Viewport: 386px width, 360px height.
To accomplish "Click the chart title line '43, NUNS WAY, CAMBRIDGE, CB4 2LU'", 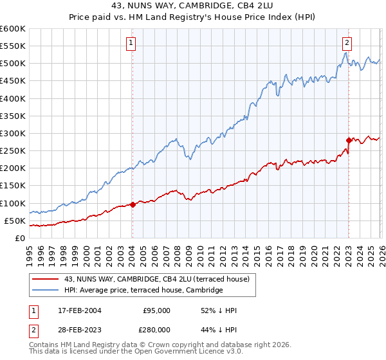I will point(193,5).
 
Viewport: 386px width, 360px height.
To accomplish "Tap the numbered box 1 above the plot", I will point(131,43).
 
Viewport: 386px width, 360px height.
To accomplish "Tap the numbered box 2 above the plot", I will point(347,43).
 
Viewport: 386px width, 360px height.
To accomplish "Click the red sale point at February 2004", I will point(133,204).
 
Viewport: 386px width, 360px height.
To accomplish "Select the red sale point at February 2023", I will point(349,139).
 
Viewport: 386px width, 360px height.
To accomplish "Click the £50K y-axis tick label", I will point(15,221).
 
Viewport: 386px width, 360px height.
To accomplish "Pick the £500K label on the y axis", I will point(13,63).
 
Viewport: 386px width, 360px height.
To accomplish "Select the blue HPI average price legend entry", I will point(143,290).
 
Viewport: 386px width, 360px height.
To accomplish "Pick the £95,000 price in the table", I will point(156,310).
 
